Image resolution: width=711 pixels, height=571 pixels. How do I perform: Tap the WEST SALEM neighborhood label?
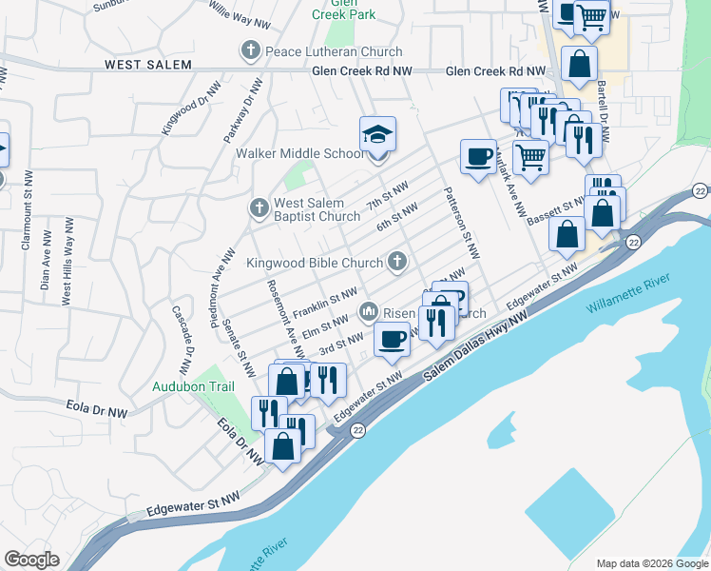tap(147, 65)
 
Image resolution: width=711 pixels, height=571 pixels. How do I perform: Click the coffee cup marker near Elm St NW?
tap(392, 339)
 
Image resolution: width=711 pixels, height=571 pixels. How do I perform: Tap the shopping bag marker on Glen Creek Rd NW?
tap(579, 65)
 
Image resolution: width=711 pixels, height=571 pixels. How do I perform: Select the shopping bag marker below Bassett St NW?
tap(567, 235)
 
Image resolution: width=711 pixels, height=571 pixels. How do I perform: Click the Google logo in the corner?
tap(31, 560)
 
